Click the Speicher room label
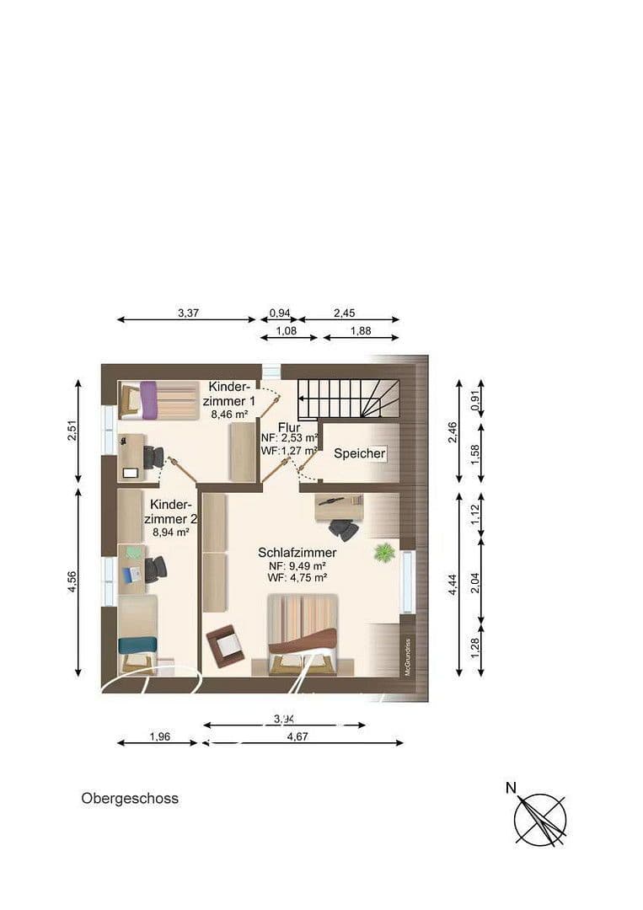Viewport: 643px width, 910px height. (x=360, y=453)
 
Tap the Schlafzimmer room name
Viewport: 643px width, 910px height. (x=297, y=553)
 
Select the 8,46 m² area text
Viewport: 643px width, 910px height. (x=229, y=415)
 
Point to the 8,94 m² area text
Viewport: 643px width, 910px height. (x=169, y=532)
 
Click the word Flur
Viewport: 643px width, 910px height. (x=289, y=427)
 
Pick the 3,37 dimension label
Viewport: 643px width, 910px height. (x=188, y=313)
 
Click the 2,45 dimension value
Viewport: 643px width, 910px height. (x=344, y=313)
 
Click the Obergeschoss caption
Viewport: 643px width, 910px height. (x=130, y=798)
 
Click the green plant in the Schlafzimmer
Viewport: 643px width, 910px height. (x=384, y=553)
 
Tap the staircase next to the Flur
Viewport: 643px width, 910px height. (x=351, y=399)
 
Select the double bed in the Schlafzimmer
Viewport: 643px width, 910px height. (x=302, y=636)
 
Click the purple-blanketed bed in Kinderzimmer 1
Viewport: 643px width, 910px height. (x=139, y=400)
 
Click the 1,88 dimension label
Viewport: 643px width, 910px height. (x=360, y=331)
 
